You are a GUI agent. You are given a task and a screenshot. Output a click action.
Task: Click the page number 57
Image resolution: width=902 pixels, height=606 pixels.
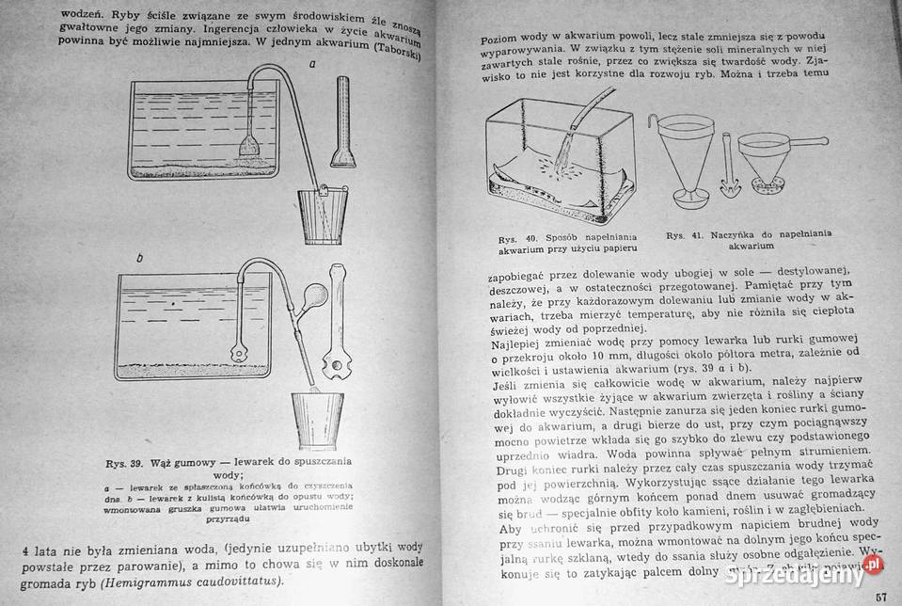click(x=881, y=597)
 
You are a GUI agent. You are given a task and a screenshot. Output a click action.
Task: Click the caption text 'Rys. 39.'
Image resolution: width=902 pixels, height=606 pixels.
click(x=128, y=463)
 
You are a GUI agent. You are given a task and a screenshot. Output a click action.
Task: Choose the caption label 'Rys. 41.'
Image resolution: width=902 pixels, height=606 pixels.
click(x=684, y=234)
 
